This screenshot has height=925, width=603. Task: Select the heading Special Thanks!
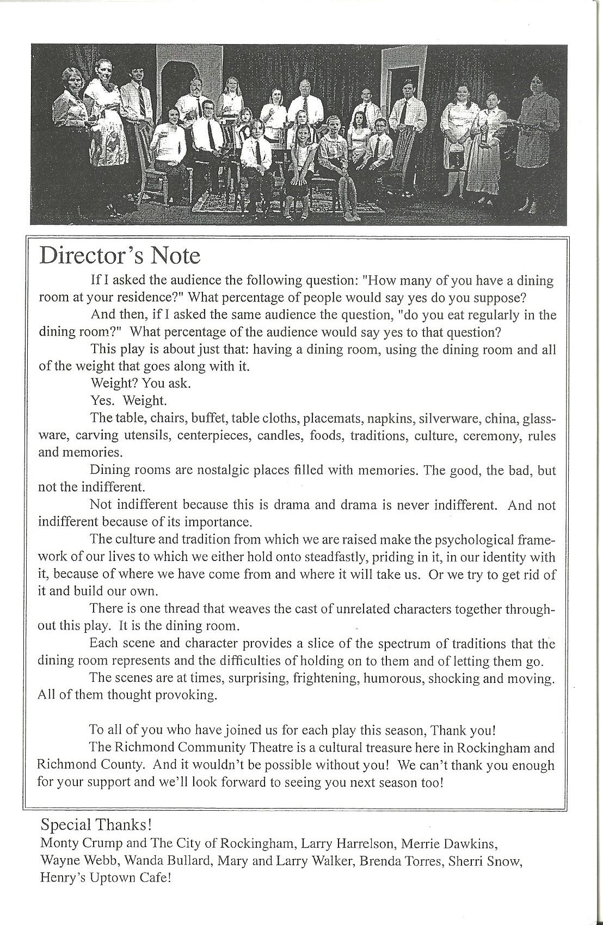[96, 825]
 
